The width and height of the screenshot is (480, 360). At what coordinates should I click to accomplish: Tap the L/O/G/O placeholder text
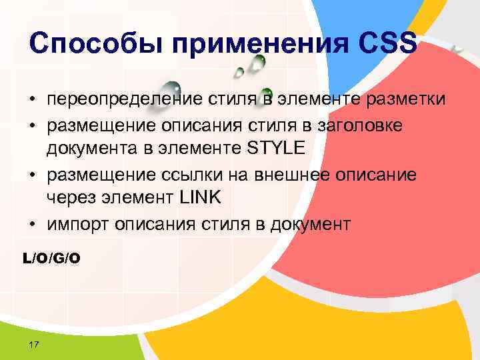(x=51, y=257)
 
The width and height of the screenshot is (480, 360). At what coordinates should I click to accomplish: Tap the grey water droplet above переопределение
(x=172, y=87)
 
